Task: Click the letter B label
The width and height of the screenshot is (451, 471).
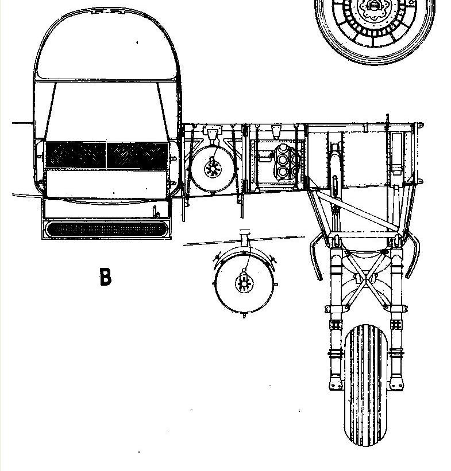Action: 105,277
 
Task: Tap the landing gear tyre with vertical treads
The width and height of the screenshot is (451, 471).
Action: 365,385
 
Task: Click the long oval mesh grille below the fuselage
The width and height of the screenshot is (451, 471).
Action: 106,229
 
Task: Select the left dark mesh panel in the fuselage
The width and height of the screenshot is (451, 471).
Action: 75,155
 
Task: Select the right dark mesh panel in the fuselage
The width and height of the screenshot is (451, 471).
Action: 137,155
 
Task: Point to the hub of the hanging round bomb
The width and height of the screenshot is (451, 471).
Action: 244,283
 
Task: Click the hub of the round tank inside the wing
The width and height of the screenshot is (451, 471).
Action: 213,170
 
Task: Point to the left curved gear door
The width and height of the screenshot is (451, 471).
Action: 315,257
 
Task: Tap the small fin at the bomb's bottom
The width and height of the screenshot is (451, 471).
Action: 244,316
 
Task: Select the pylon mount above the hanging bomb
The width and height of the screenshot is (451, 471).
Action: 245,238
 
